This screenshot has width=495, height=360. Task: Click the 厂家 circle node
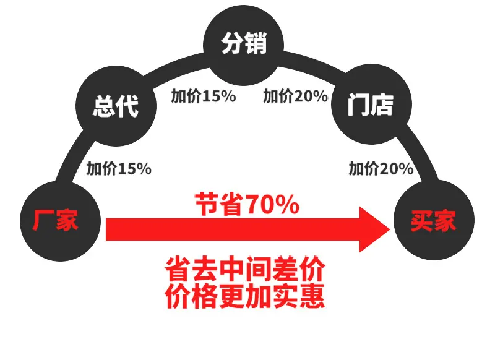[x=60, y=221]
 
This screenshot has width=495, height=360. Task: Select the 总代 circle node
[x=116, y=106]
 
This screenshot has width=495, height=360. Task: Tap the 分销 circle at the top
[x=243, y=45]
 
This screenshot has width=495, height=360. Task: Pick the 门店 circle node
[x=371, y=104]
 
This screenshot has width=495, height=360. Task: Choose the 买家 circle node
[x=434, y=220]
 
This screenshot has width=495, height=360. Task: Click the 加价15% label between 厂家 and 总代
[x=119, y=168]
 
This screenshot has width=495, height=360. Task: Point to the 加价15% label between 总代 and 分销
[x=204, y=96]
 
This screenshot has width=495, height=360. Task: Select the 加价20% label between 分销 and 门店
[x=296, y=96]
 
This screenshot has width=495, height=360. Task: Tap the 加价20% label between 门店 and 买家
[x=381, y=168]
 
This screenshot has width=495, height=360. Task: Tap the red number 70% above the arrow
[x=272, y=204]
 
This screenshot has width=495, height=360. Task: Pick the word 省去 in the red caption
[x=192, y=269]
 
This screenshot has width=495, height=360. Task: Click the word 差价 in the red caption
[x=299, y=269]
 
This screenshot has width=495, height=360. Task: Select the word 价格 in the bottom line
[x=192, y=296]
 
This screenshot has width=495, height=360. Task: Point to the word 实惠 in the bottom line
[x=299, y=296]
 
